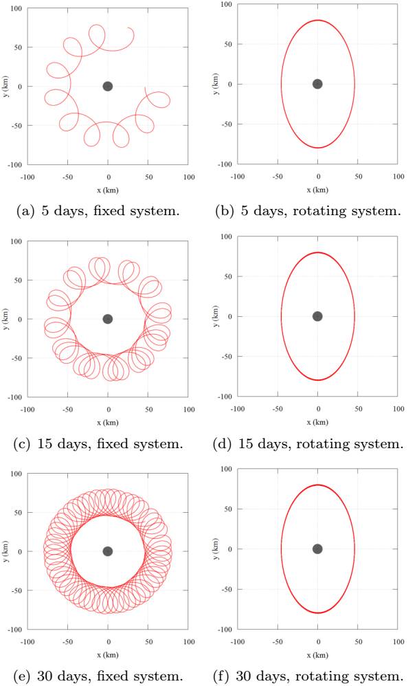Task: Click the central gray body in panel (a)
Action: (x=108, y=86)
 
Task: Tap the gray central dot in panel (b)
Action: (x=317, y=84)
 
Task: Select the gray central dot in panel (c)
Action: (x=108, y=319)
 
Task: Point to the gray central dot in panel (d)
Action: (x=317, y=316)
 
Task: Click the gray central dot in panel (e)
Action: (x=108, y=551)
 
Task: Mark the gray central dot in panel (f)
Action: (x=317, y=549)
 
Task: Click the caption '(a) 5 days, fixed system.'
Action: (x=106, y=211)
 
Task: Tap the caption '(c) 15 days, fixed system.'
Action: (x=106, y=443)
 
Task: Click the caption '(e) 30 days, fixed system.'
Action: (x=106, y=676)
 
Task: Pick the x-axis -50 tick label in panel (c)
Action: (x=67, y=410)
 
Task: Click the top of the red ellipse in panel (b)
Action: (x=317, y=20)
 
